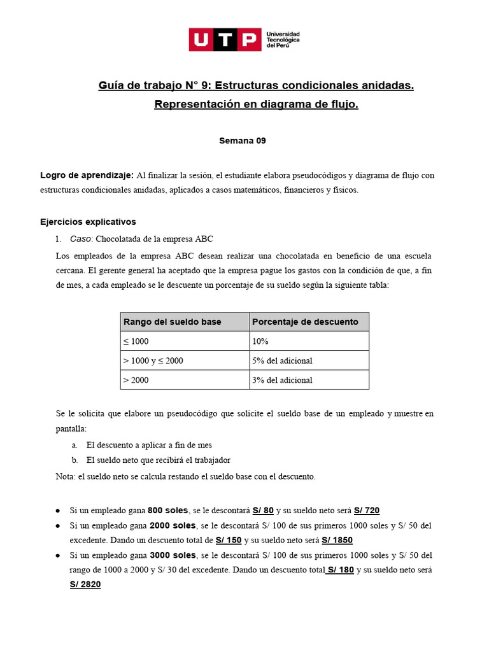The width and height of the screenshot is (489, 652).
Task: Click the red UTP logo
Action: click(x=225, y=39)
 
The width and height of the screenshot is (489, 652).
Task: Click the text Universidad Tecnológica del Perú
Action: click(x=283, y=39)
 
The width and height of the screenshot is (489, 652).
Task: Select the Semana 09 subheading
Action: click(x=243, y=141)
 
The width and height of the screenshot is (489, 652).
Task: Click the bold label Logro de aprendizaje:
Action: click(x=87, y=175)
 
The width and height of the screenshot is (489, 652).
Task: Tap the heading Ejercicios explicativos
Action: click(x=88, y=222)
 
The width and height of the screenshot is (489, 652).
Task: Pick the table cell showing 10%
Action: click(x=260, y=342)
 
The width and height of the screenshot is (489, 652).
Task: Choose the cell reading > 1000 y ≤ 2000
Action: click(x=153, y=361)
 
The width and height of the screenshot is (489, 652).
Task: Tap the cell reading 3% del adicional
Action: click(x=282, y=380)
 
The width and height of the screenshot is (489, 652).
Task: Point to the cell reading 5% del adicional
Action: click(x=282, y=361)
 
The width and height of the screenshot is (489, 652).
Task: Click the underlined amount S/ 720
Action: click(x=367, y=510)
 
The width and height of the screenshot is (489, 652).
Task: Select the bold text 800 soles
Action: click(x=167, y=510)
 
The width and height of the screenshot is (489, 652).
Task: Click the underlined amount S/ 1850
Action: click(x=337, y=540)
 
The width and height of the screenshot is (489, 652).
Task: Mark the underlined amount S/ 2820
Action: click(x=85, y=585)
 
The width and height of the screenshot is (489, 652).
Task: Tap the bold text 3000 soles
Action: click(x=173, y=555)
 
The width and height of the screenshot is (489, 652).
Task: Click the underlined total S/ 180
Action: click(x=339, y=570)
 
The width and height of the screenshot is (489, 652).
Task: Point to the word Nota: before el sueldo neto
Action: click(x=66, y=476)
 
